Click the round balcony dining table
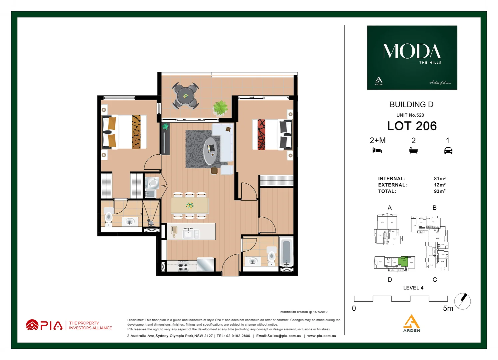(186, 96)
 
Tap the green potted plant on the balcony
(220, 108)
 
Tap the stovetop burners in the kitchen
(183, 266)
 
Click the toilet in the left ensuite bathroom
(109, 218)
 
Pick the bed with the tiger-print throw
(124, 132)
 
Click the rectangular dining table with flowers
(190, 205)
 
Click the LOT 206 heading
(412, 126)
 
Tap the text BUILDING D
(411, 105)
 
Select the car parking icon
(448, 150)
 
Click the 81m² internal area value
(439, 179)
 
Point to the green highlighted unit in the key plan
(403, 261)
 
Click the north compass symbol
(462, 301)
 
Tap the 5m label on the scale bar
(448, 309)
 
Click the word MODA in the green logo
(412, 51)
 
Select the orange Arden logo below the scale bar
(412, 323)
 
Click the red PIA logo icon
(32, 325)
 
